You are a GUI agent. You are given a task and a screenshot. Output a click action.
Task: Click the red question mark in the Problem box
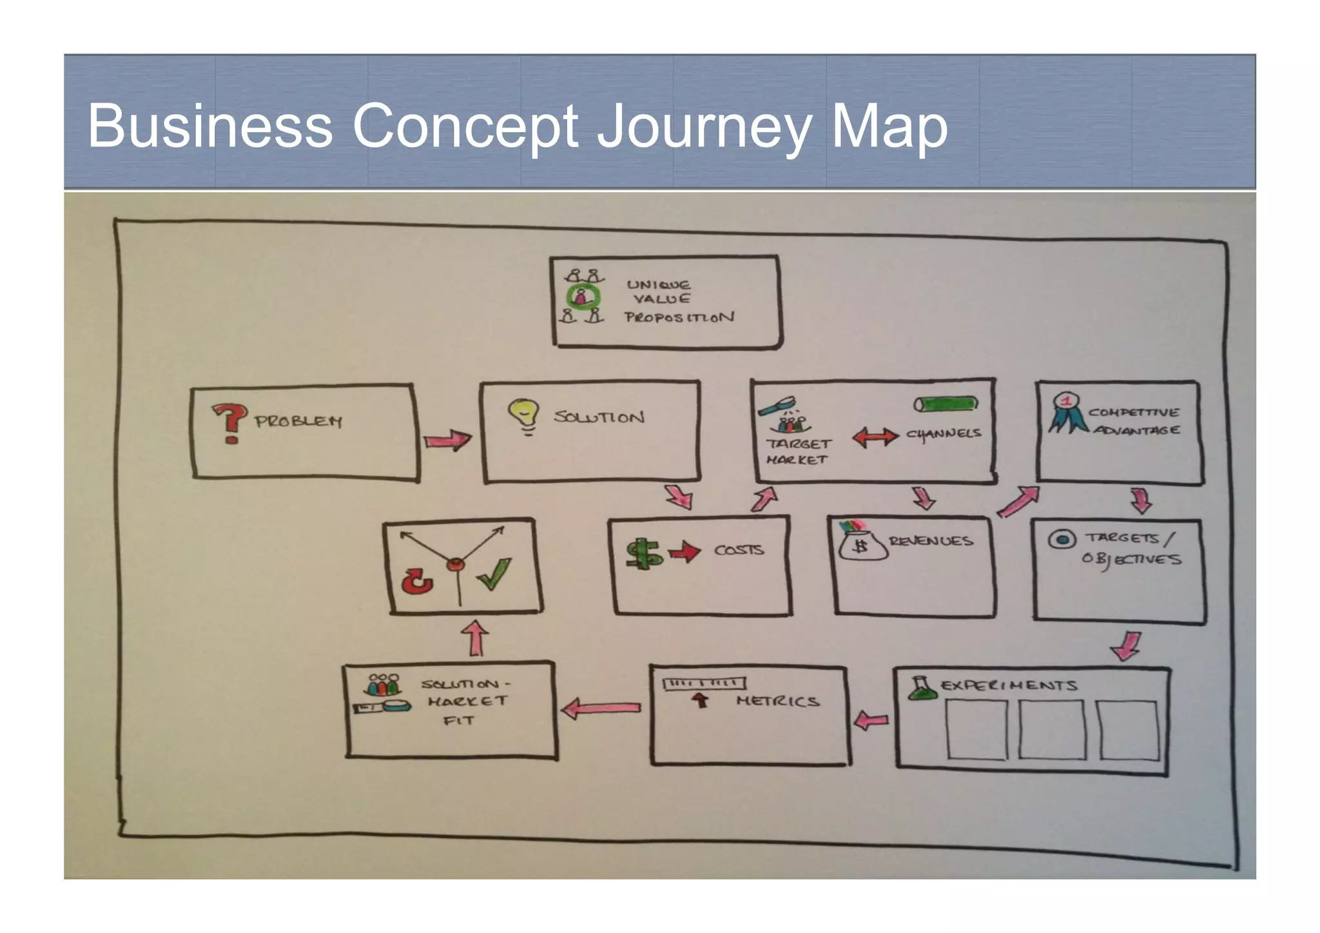pyautogui.click(x=229, y=422)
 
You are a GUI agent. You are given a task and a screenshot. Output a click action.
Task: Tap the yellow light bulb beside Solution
pyautogui.click(x=523, y=415)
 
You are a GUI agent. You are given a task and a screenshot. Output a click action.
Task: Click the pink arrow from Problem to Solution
pyautogui.click(x=447, y=440)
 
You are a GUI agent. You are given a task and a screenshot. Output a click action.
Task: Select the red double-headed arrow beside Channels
pyautogui.click(x=875, y=437)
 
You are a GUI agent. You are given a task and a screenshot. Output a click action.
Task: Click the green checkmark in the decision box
pyautogui.click(x=494, y=574)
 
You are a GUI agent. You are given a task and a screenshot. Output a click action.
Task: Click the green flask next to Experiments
pyautogui.click(x=922, y=688)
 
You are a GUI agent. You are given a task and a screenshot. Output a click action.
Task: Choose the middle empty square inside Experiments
pyautogui.click(x=1052, y=729)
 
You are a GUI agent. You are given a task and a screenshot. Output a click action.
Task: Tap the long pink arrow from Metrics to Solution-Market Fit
pyautogui.click(x=601, y=708)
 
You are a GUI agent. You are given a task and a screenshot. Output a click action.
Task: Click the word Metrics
pyautogui.click(x=778, y=701)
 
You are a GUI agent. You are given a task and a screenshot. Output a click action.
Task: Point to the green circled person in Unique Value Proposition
pyautogui.click(x=582, y=297)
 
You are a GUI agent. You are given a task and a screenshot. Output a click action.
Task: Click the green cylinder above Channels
pyautogui.click(x=946, y=404)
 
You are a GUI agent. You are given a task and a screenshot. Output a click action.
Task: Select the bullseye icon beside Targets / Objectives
pyautogui.click(x=1062, y=539)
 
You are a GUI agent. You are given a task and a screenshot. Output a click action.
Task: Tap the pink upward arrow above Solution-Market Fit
pyautogui.click(x=476, y=638)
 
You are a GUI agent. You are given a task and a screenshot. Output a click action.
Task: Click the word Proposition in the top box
pyautogui.click(x=679, y=317)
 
